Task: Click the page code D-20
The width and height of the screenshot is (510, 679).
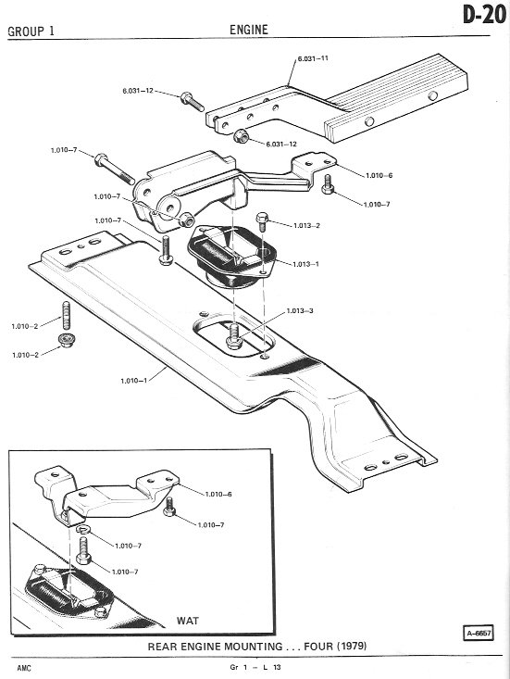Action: [x=484, y=16]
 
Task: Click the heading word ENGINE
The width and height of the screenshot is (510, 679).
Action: [x=249, y=30]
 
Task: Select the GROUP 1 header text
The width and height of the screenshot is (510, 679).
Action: [x=31, y=31]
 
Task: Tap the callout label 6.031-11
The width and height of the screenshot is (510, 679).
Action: [x=313, y=58]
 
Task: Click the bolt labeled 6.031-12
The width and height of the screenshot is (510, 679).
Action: [x=193, y=102]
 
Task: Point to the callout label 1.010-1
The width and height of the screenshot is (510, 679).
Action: [x=133, y=381]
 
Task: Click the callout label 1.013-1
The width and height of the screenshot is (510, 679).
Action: [x=305, y=264]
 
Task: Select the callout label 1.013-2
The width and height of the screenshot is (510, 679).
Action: [x=306, y=226]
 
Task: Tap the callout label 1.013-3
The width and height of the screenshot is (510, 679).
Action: [x=300, y=311]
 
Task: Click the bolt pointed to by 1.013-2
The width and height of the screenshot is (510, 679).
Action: [x=262, y=221]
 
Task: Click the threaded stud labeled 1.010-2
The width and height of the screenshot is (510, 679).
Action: [x=67, y=315]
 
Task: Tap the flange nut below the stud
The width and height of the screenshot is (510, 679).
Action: [x=67, y=340]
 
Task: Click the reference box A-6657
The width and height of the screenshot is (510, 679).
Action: [x=479, y=633]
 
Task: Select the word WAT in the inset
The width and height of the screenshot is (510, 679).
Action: [x=188, y=621]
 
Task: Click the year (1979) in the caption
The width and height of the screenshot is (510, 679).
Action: [x=352, y=647]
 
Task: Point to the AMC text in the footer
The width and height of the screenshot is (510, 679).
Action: [x=24, y=668]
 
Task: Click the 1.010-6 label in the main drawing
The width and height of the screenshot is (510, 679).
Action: [x=379, y=175]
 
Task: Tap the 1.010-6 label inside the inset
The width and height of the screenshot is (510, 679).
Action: [x=218, y=494]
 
